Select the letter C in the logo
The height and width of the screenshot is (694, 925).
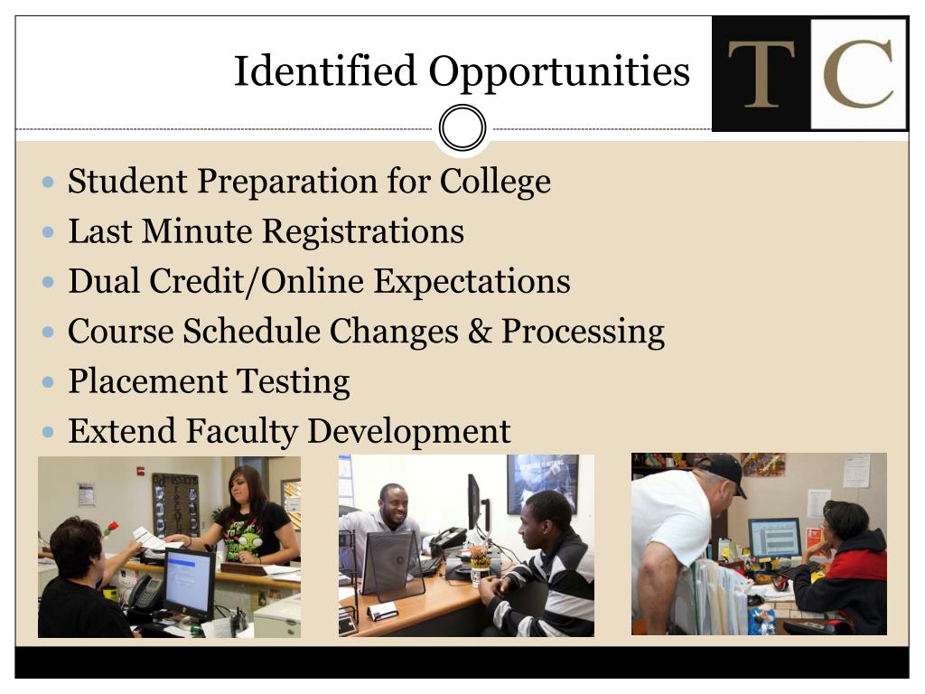(x=858, y=74)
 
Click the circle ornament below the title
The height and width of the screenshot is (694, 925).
(x=462, y=127)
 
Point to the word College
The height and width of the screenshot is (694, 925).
(x=495, y=182)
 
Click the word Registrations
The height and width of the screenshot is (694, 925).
(x=363, y=230)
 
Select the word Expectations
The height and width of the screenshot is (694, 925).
(x=472, y=281)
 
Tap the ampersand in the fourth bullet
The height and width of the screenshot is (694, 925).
(x=480, y=331)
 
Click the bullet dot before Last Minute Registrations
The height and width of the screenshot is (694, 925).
(x=49, y=232)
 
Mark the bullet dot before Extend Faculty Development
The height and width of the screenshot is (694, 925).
(x=49, y=432)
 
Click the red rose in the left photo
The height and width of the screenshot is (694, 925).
(x=111, y=528)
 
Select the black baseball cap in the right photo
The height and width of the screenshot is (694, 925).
(x=722, y=470)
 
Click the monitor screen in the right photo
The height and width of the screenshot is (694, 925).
(x=774, y=538)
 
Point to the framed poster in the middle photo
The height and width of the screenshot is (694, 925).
(x=543, y=483)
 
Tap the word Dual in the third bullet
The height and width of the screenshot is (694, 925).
(x=104, y=281)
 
